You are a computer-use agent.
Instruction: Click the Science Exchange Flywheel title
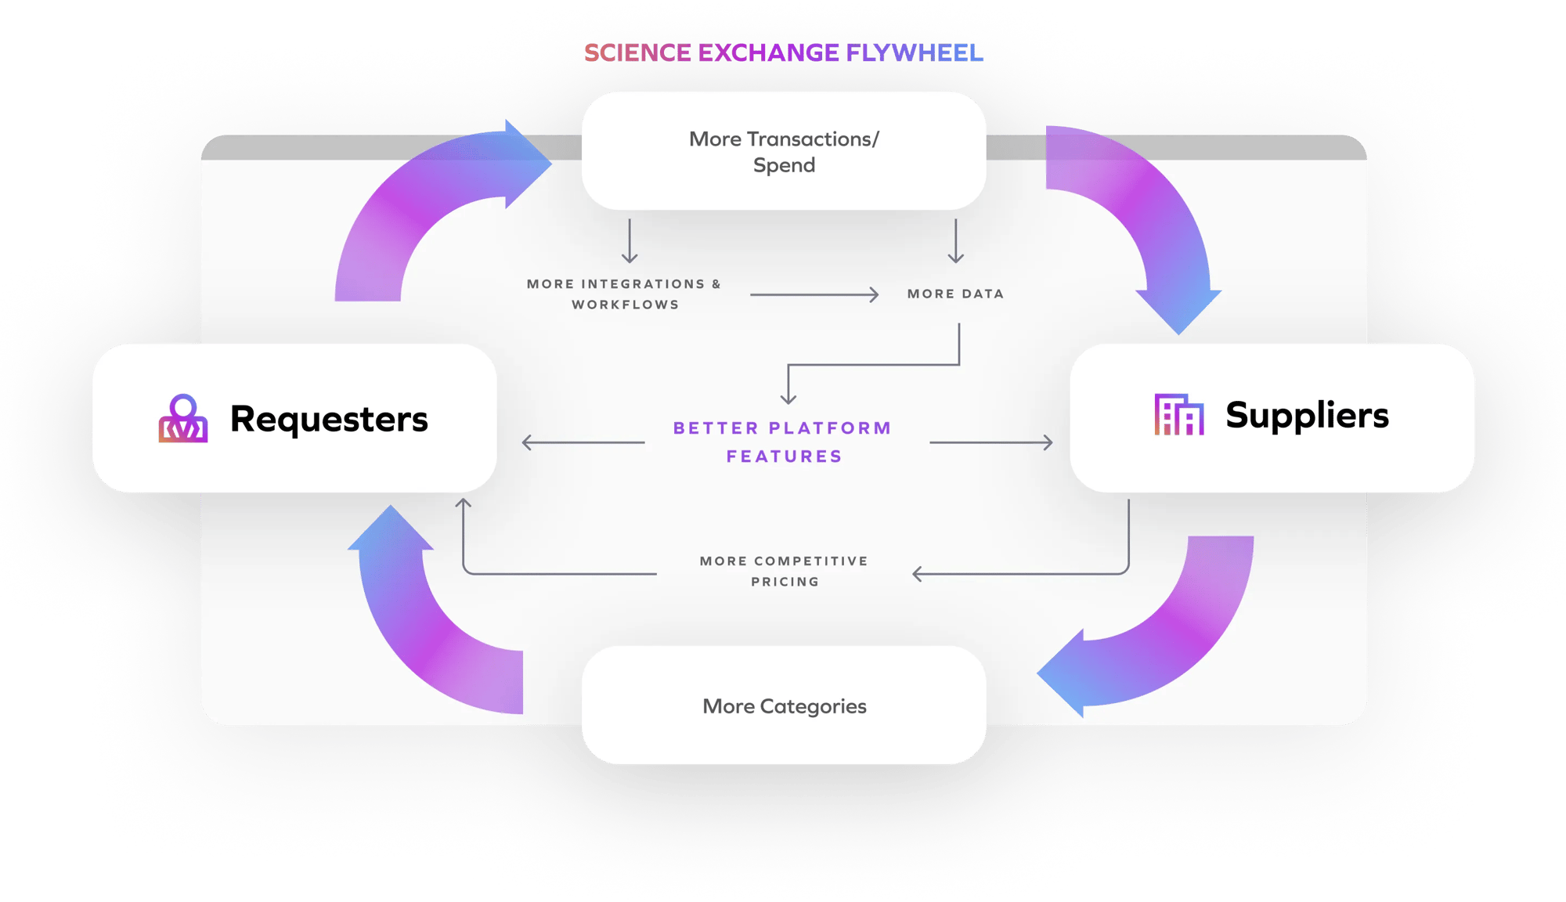coord(783,52)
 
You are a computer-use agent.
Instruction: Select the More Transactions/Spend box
coord(783,151)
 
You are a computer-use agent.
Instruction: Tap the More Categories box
coord(783,705)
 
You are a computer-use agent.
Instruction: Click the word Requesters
coord(329,419)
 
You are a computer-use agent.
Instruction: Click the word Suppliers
coord(1307,415)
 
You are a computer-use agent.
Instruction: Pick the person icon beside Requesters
coord(183,419)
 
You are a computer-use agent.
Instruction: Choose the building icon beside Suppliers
coord(1178,415)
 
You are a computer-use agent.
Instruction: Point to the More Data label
coord(955,294)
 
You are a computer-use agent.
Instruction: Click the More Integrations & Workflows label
coord(624,294)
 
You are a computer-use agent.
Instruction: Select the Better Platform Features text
coord(783,442)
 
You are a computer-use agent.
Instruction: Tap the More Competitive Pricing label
coord(784,571)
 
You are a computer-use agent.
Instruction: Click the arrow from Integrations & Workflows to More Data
coord(814,294)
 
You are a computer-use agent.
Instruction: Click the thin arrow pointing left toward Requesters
coord(583,442)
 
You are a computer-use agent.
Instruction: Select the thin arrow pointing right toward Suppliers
coord(990,442)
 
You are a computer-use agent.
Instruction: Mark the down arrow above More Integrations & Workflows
coord(630,241)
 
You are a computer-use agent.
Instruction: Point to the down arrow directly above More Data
coord(955,241)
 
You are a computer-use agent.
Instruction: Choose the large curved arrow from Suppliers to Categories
coord(1167,642)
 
